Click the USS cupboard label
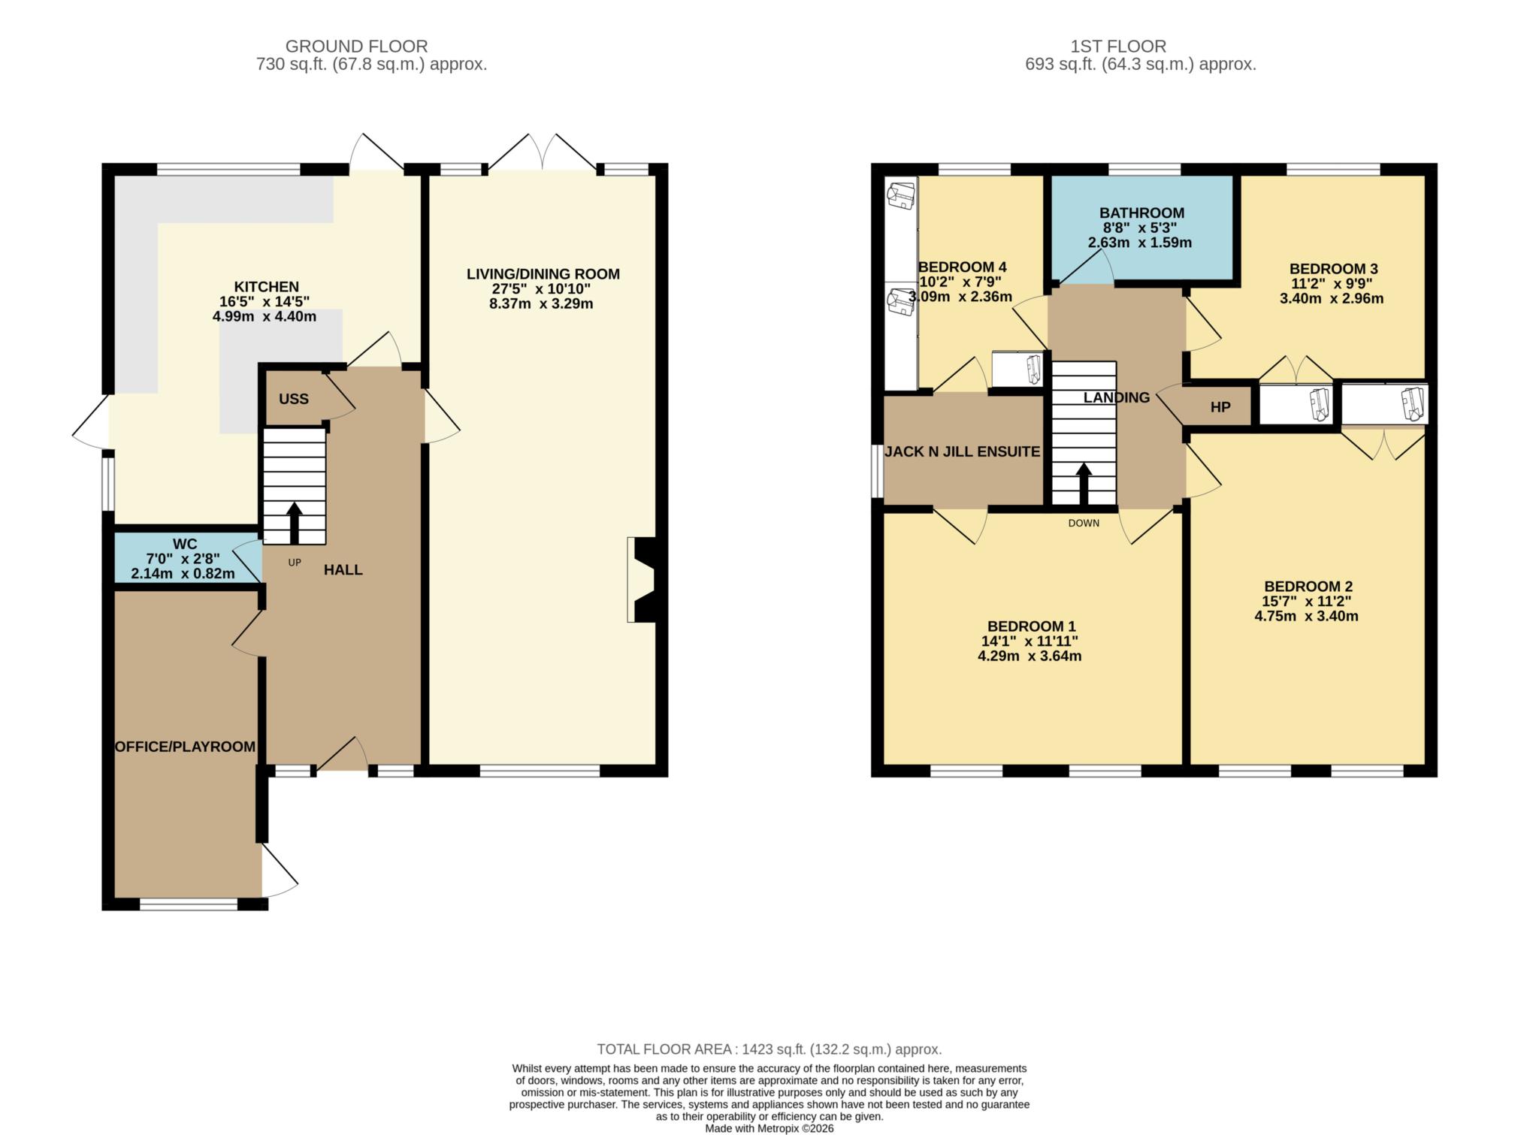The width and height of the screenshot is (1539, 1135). (x=293, y=399)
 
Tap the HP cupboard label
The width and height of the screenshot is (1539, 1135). (x=1220, y=407)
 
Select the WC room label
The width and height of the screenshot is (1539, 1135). (x=185, y=544)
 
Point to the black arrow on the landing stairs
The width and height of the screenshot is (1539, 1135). (x=1083, y=484)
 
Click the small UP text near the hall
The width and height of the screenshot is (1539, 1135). (x=295, y=562)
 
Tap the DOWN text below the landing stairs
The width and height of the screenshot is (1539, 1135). (x=1083, y=523)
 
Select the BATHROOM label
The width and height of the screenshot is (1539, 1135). (x=1141, y=213)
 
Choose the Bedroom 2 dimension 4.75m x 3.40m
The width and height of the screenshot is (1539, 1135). (x=1306, y=617)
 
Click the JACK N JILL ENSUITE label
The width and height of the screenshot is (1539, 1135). (x=962, y=451)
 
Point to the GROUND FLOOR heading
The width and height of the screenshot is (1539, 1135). (x=356, y=47)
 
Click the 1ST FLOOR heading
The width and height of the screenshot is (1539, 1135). (x=1117, y=47)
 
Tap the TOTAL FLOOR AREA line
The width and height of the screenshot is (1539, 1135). (x=769, y=1049)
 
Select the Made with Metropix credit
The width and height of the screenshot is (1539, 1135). (x=769, y=1128)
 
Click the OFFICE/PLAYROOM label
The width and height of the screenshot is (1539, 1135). (x=185, y=747)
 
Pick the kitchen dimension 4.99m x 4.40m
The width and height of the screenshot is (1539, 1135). (x=265, y=317)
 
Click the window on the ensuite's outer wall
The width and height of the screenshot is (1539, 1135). (x=877, y=471)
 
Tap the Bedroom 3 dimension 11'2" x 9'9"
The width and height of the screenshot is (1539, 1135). (x=1332, y=284)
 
